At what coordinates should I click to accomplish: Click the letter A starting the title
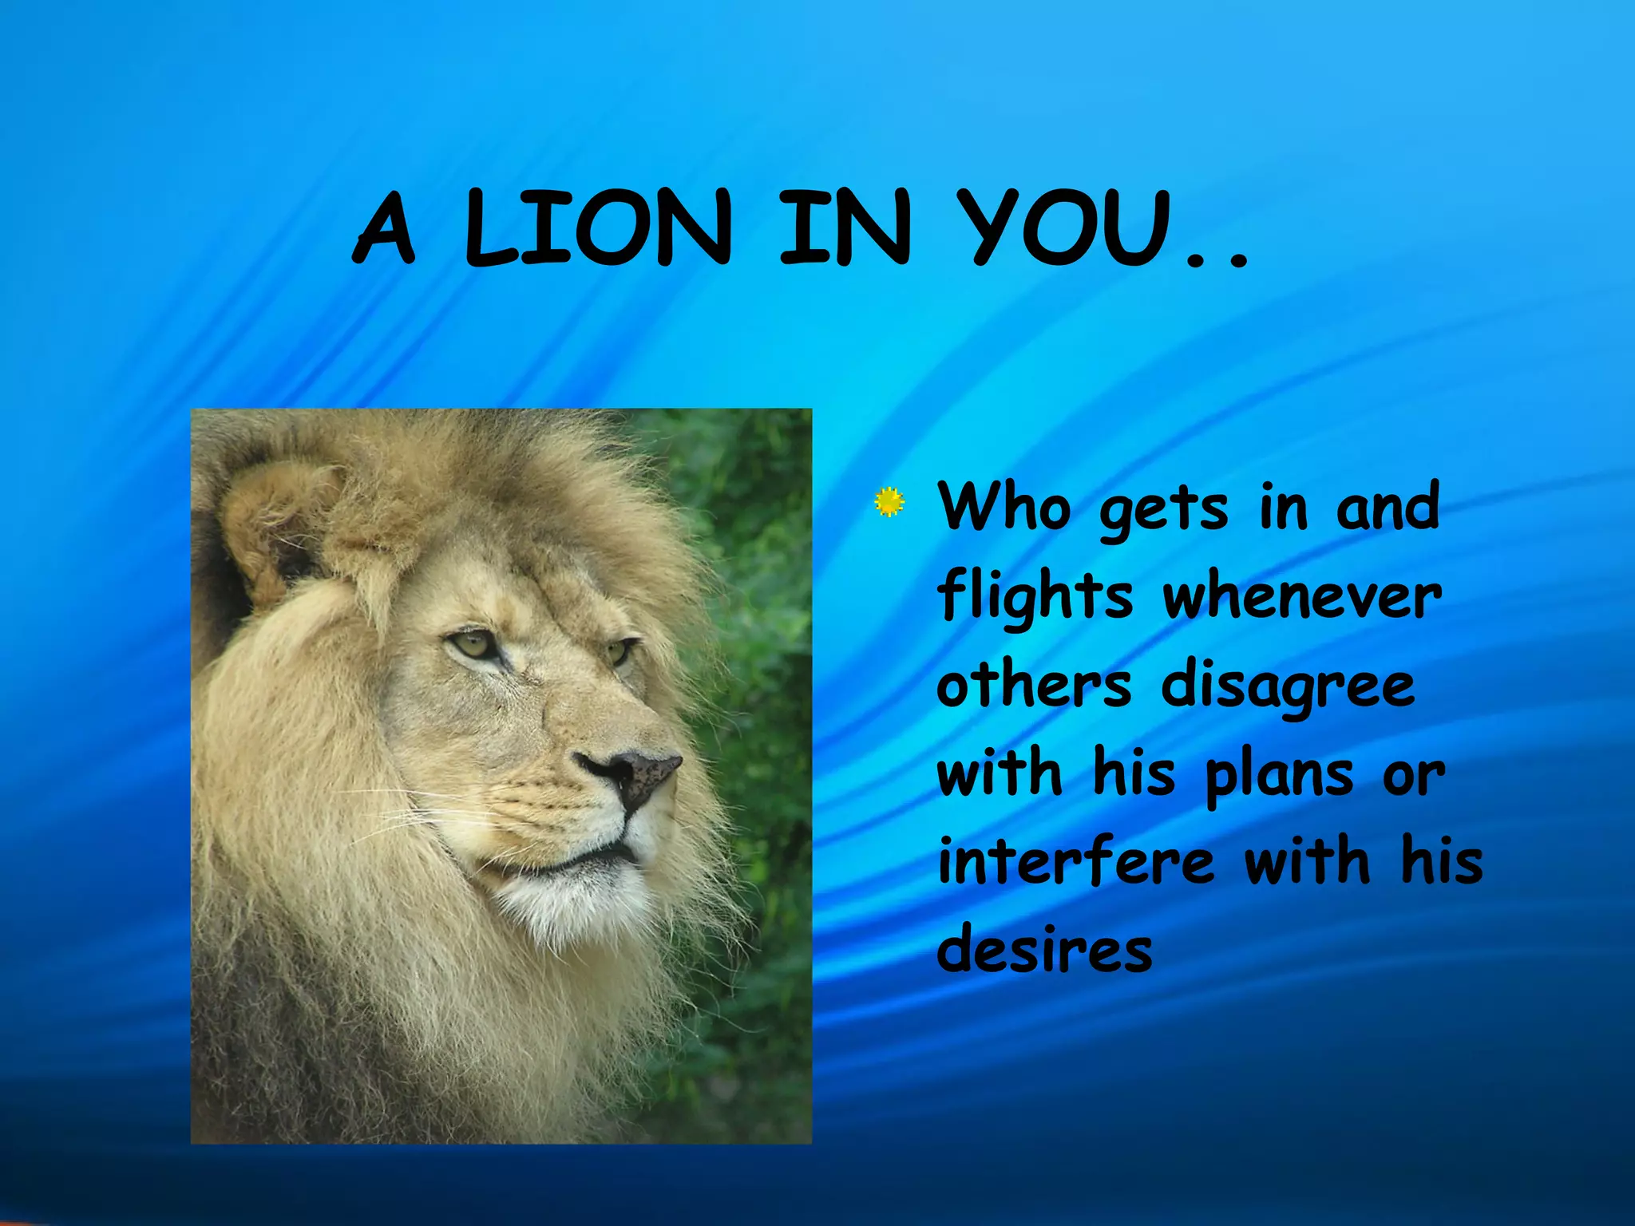[384, 229]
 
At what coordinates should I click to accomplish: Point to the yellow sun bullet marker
[889, 501]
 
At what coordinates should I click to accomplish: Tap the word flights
[1035, 597]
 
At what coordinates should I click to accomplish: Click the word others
[1034, 685]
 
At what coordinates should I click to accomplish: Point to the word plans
[1278, 776]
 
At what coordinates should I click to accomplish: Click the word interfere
[1075, 862]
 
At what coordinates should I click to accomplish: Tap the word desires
[1044, 950]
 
